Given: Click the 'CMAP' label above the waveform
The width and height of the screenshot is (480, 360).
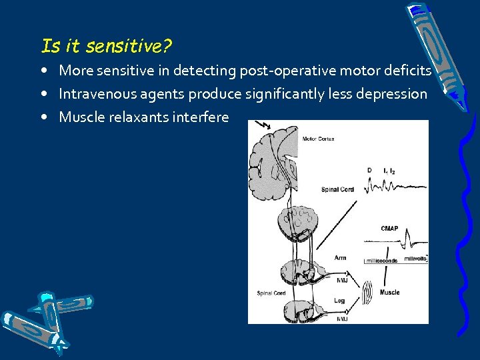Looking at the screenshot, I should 390,229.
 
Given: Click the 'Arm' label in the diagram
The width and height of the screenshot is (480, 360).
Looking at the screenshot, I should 340,257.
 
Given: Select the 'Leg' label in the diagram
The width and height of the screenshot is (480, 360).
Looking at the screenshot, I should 339,301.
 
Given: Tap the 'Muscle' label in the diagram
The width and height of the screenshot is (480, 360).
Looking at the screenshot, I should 390,292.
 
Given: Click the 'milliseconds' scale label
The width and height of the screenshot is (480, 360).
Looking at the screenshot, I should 381,261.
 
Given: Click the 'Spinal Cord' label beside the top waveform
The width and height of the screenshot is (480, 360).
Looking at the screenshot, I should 338,189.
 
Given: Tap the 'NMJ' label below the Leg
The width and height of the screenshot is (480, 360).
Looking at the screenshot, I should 342,319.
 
